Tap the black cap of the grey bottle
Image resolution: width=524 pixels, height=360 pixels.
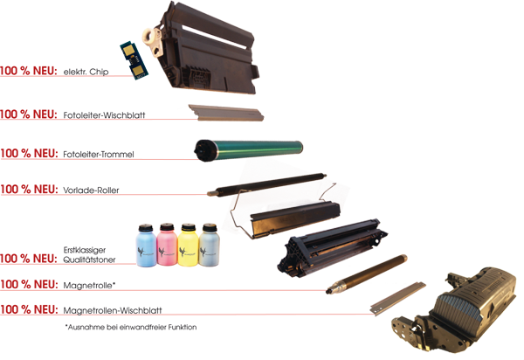(209, 229)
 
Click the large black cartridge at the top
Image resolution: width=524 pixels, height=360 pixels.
(210, 48)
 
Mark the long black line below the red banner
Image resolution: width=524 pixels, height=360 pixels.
(131, 328)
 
